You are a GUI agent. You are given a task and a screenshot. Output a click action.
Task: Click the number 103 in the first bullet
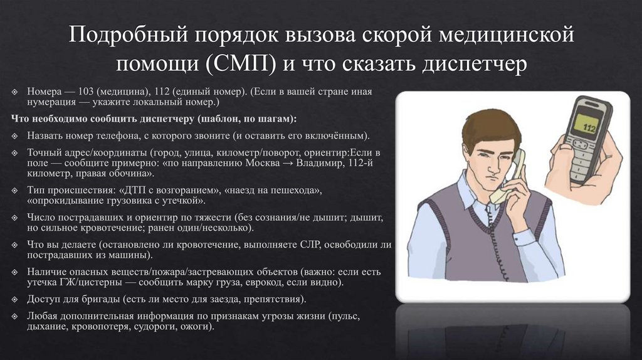tap(89, 90)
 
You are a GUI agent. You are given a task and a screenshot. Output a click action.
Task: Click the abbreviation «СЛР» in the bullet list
tap(305, 245)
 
